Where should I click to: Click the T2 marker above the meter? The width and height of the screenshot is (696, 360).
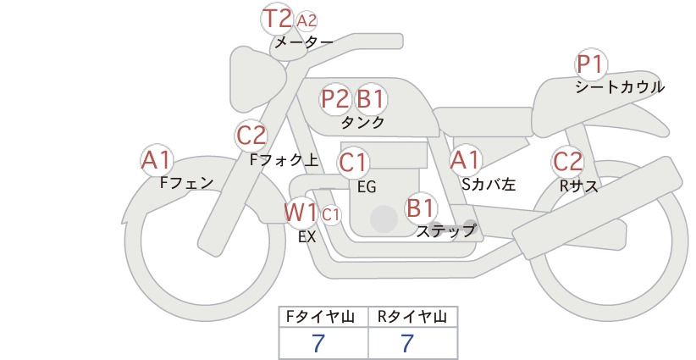(x=277, y=19)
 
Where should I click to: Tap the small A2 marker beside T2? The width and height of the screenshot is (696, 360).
(x=307, y=21)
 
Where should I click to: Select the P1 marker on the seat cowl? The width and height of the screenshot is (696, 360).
(x=591, y=64)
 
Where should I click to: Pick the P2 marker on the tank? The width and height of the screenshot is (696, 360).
(x=335, y=98)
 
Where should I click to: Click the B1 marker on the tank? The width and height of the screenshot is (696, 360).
(x=370, y=98)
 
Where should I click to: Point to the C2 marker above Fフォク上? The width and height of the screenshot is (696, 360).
(x=251, y=136)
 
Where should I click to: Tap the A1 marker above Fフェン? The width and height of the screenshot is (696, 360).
(x=157, y=160)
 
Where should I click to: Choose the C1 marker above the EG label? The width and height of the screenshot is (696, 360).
(x=353, y=163)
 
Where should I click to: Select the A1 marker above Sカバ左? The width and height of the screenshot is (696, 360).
(x=465, y=160)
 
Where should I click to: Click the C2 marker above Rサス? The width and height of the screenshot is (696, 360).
(x=567, y=161)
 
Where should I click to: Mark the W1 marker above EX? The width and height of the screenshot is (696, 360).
(x=301, y=213)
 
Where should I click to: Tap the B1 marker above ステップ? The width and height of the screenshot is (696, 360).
(x=420, y=208)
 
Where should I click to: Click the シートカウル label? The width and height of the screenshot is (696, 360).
(x=620, y=87)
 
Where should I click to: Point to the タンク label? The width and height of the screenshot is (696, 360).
(x=362, y=122)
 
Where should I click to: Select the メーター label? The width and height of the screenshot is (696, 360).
(x=304, y=42)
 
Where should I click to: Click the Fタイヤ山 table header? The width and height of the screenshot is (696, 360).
(x=320, y=317)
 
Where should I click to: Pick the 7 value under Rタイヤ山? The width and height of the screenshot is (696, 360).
(x=407, y=343)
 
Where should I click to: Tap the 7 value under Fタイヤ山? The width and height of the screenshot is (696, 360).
(x=318, y=343)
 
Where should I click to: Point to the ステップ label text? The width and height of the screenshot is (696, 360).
(x=445, y=231)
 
